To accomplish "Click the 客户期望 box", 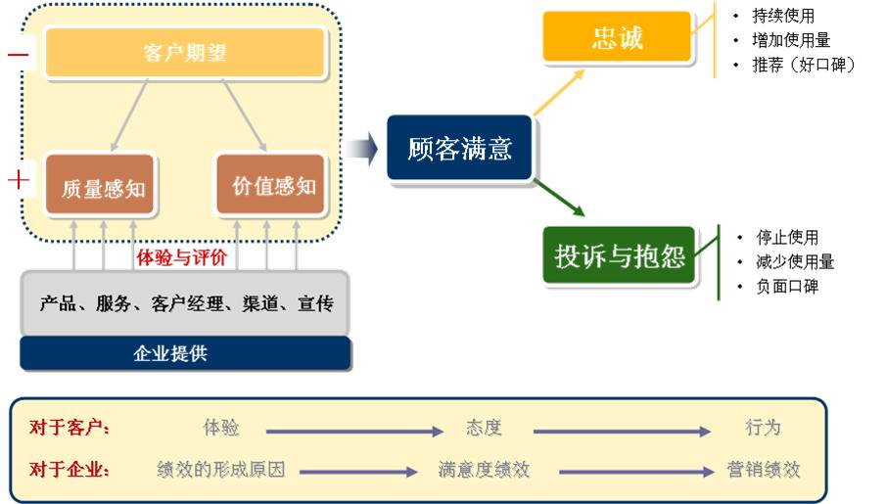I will point(184,52).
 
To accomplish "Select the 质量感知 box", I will point(100,186).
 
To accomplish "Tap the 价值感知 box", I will point(271,185).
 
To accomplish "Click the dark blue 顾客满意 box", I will point(459,149).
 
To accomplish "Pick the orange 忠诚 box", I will point(618,39).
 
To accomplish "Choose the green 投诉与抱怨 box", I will point(619,256).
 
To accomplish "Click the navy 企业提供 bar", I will point(184,353).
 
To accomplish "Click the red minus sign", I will point(19,55).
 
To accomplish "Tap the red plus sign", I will point(19,180).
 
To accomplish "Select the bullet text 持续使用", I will point(783,16).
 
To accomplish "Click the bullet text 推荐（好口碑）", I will point(804,66).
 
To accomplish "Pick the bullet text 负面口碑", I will point(787,287).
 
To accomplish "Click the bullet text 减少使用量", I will point(795,261).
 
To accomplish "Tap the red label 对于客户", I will point(70,428).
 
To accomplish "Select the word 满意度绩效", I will point(484,470).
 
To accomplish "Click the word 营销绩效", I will point(764,470).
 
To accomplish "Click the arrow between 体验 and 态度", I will point(354,430).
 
